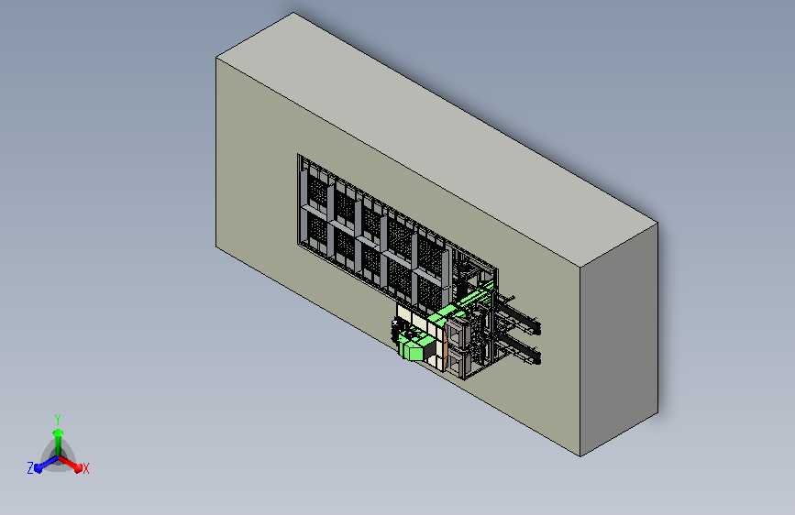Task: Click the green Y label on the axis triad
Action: tap(58, 420)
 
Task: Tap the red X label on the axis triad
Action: tap(85, 468)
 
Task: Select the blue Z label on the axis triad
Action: tap(30, 468)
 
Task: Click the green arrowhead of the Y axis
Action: tap(59, 433)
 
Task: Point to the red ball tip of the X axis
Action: tap(78, 467)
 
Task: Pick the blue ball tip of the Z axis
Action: tap(39, 469)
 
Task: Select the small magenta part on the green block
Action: tap(409, 333)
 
